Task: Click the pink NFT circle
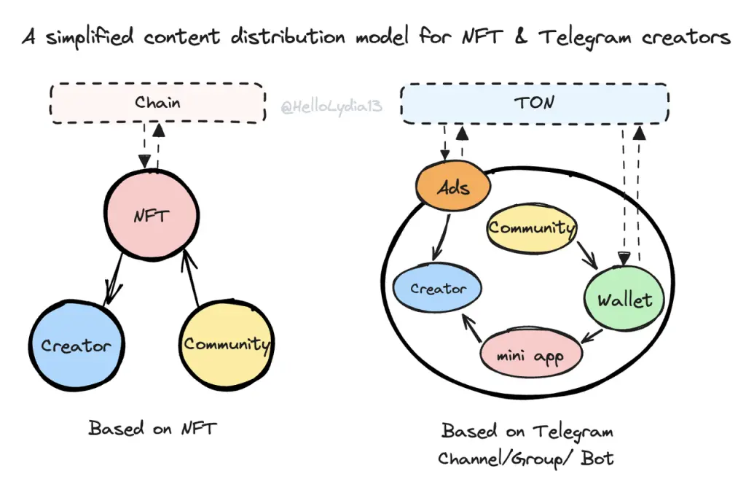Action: coord(152,215)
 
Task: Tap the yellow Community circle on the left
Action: coord(227,344)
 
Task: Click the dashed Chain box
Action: coord(157,102)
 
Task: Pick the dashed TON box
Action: coord(535,103)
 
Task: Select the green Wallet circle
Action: coord(624,299)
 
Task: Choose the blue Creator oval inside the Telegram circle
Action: coord(438,289)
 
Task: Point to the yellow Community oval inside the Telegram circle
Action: coord(532,228)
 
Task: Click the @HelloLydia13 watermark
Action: coord(331,108)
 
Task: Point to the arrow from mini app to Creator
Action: coord(471,330)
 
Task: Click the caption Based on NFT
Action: coord(152,428)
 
